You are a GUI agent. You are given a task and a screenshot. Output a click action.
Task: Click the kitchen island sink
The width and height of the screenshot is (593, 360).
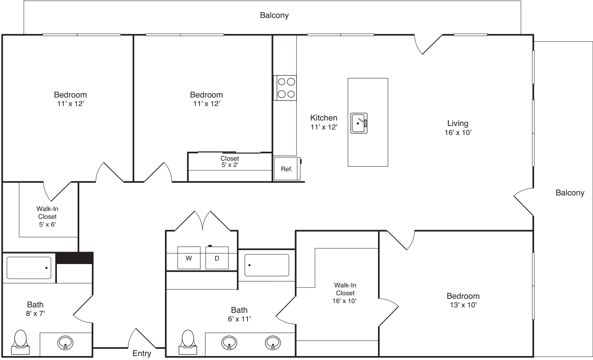359,123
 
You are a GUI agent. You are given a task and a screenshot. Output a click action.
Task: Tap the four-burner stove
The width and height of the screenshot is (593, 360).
285,88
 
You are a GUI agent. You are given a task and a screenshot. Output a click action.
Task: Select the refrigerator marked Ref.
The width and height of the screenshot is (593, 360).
287,168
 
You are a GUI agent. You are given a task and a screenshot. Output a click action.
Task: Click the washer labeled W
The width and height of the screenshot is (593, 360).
189,258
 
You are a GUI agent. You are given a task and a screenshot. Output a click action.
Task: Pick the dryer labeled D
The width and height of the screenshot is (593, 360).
217,258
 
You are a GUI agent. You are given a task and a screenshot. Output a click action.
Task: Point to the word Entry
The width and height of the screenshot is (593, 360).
142,353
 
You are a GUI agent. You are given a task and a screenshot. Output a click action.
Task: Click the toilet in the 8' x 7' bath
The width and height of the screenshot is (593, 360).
20,342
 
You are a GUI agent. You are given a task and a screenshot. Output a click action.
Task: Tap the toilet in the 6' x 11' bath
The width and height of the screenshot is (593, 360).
188,342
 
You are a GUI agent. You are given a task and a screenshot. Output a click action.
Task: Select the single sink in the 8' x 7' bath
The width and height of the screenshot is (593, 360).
65,343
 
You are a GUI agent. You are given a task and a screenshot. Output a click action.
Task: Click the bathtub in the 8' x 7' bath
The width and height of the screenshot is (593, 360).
29,268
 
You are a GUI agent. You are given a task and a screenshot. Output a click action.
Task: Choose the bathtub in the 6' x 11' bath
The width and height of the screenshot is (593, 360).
266,265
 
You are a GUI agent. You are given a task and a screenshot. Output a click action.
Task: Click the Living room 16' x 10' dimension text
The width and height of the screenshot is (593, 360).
458,132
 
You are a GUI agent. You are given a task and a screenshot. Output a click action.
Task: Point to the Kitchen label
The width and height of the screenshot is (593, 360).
324,118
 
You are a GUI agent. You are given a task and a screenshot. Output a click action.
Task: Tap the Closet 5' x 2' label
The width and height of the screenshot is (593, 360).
230,161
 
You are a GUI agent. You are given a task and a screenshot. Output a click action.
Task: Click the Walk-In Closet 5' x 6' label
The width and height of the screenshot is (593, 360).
47,216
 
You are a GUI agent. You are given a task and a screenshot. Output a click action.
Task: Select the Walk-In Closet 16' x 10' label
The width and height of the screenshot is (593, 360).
345,293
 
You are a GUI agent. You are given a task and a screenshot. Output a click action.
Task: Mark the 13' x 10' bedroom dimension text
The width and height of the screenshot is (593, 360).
463,305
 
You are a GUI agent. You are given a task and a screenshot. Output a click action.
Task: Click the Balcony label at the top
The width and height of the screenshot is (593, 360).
274,15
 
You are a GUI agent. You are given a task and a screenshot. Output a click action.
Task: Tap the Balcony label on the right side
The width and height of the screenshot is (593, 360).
570,193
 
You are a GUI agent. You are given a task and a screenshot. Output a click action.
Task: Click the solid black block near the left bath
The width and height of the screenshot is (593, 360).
75,258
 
